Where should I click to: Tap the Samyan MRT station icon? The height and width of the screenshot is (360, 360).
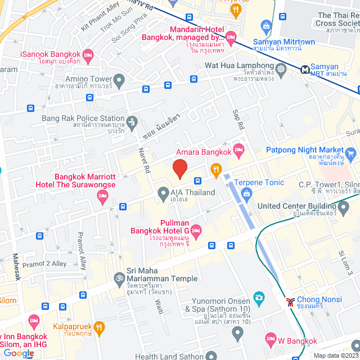coord(305,70)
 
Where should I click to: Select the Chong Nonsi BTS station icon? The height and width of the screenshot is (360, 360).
coord(290,301)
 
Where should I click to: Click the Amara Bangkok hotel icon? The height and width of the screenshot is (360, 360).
coord(238,149)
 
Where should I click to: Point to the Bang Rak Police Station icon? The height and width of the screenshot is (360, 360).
coord(132,121)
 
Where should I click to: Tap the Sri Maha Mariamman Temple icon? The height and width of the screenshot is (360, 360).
coord(119,278)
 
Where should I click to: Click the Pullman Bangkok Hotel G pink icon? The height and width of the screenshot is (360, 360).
coord(196,229)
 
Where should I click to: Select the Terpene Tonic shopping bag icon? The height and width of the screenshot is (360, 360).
coord(246,194)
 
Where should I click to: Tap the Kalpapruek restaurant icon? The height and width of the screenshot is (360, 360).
coord(99,326)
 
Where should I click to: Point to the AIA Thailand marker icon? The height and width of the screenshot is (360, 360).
coord(163,192)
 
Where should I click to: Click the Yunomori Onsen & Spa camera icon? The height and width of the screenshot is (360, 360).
coord(259,297)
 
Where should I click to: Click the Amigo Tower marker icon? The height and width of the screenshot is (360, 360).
coord(119,79)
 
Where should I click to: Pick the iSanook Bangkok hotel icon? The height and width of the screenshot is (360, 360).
coord(88,55)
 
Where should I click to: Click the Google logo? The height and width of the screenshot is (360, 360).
coord(19,353)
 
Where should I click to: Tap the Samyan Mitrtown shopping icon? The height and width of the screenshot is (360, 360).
coord(267,25)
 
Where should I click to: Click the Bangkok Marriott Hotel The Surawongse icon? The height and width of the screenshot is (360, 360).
coord(102,196)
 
